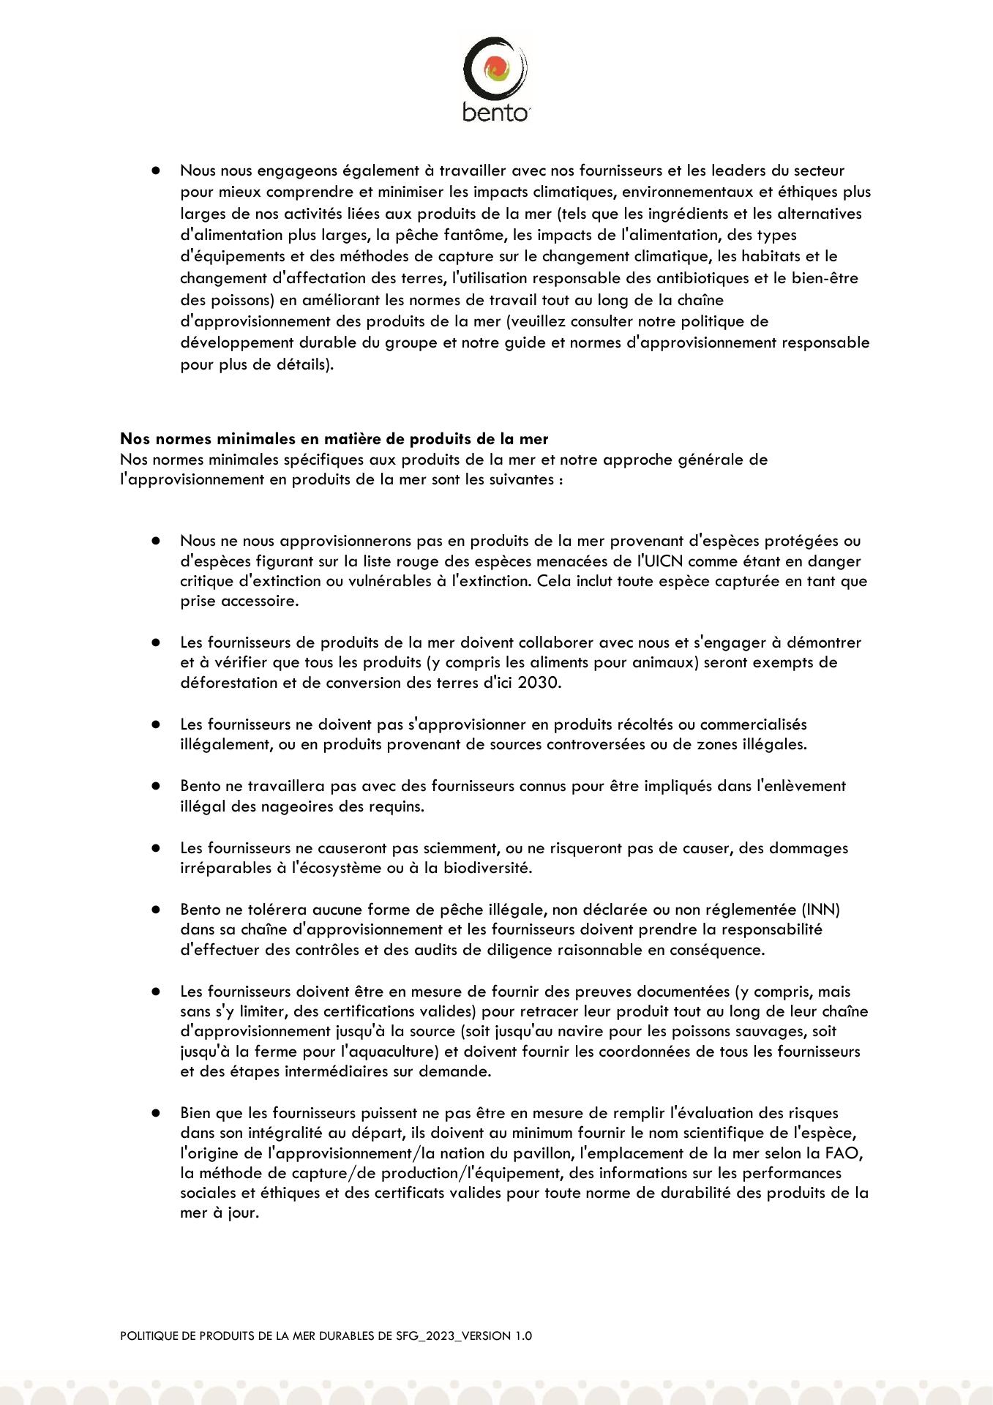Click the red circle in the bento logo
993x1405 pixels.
(495, 70)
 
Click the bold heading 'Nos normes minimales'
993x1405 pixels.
(334, 439)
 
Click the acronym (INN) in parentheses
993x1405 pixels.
(821, 910)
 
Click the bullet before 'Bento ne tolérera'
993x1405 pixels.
(156, 910)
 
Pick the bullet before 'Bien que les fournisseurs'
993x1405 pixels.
(156, 1113)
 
